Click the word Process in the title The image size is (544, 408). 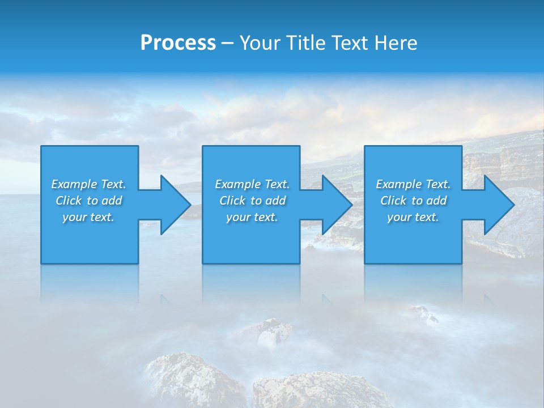click(x=178, y=43)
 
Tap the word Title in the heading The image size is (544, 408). click(x=306, y=43)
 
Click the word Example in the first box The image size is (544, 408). click(x=74, y=184)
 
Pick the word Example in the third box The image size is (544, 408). click(x=399, y=184)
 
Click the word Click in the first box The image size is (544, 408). click(x=69, y=201)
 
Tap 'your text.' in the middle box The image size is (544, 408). click(x=252, y=217)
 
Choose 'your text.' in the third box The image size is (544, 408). click(x=413, y=217)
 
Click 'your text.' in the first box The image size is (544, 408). click(x=88, y=217)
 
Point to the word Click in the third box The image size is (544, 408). click(x=393, y=201)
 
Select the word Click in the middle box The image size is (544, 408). click(x=232, y=201)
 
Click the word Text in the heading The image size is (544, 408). click(x=349, y=43)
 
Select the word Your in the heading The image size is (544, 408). click(x=260, y=43)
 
